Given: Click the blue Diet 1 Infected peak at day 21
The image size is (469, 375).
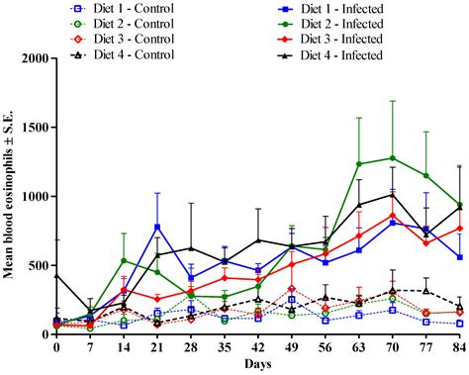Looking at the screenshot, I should [x=157, y=227].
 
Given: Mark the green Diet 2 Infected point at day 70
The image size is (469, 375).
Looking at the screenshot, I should [x=392, y=157].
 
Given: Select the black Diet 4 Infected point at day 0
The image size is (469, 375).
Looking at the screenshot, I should [x=56, y=274].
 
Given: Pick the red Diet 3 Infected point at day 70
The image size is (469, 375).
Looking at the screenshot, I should [x=392, y=215].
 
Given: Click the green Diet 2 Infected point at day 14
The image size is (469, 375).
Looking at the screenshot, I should [x=124, y=260].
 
